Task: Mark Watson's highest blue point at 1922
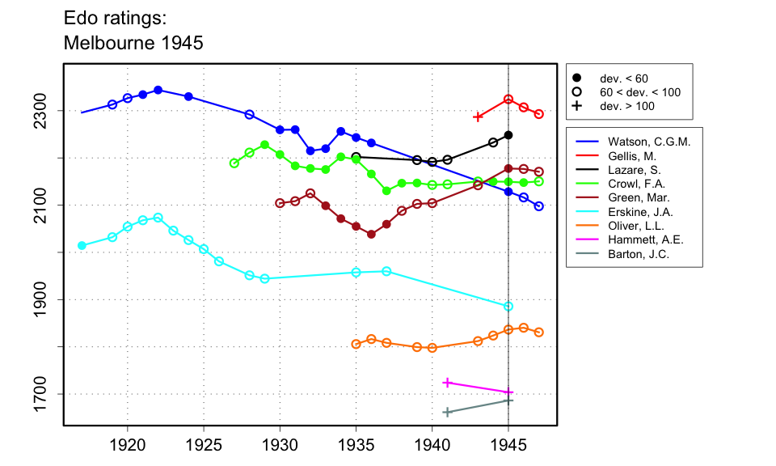tap(158, 90)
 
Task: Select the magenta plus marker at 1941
tap(447, 383)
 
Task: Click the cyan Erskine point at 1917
tap(82, 245)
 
